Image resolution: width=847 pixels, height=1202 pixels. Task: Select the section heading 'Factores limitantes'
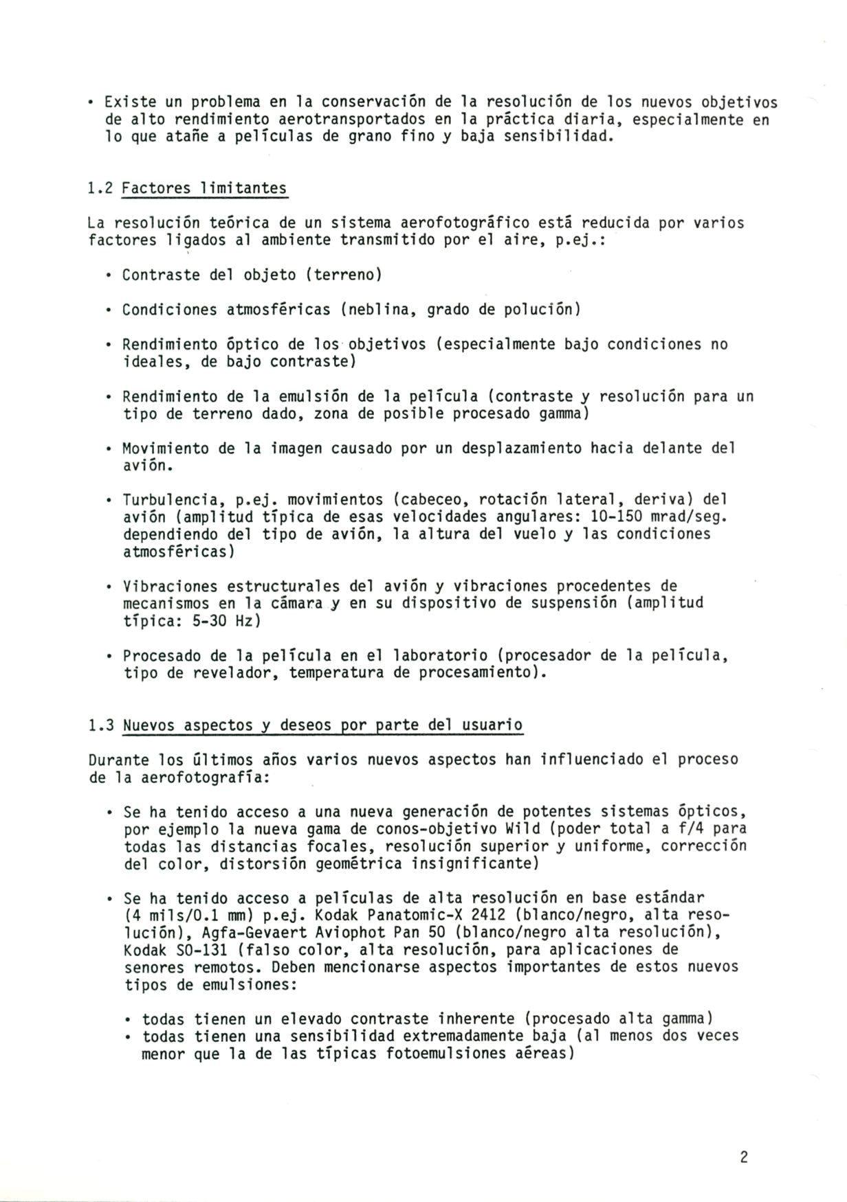click(204, 189)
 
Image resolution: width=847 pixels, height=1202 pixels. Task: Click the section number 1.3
click(101, 725)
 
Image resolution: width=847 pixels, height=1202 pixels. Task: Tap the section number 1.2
click(101, 189)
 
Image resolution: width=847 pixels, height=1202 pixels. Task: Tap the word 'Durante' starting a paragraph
click(118, 760)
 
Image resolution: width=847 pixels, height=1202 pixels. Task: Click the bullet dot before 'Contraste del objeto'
click(109, 275)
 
